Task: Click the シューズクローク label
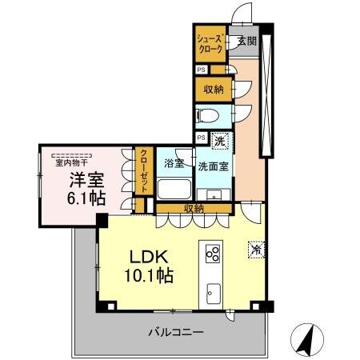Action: [210, 42]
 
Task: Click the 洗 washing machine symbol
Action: [220, 141]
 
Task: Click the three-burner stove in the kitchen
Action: [214, 254]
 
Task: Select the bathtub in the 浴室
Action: [173, 189]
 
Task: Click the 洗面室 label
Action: [214, 166]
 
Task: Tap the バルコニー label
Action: [174, 330]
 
